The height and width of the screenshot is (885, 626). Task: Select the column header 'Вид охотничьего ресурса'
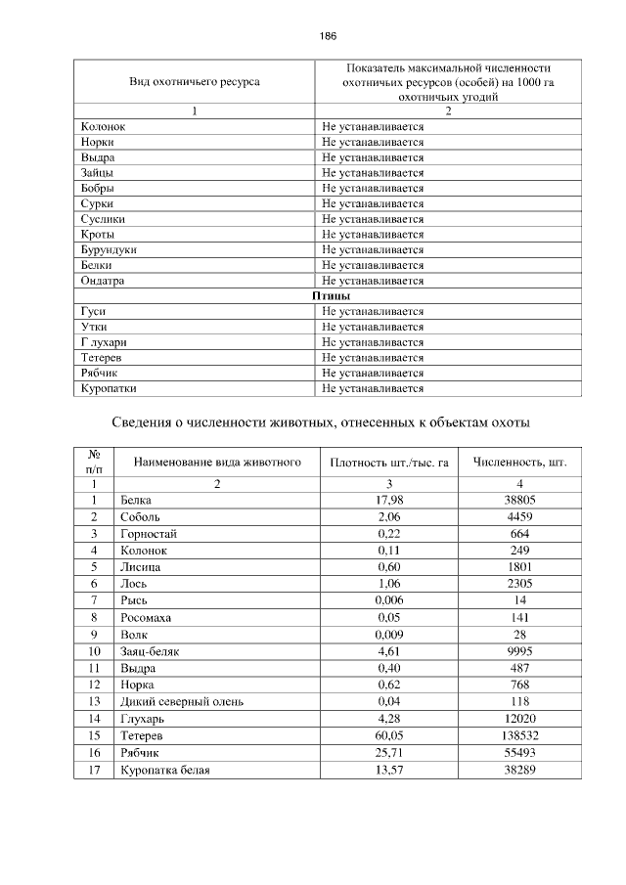pyautogui.click(x=195, y=82)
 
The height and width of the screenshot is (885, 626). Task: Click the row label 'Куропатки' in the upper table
pyautogui.click(x=109, y=388)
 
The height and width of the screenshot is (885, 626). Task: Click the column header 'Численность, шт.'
pyautogui.click(x=519, y=461)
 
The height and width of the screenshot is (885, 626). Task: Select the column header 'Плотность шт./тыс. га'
pyautogui.click(x=389, y=461)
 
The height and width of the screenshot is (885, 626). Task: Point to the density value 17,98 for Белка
pyautogui.click(x=389, y=500)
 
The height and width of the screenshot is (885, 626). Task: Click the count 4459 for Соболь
pyautogui.click(x=519, y=515)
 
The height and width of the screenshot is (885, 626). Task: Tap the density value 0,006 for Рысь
pyautogui.click(x=389, y=598)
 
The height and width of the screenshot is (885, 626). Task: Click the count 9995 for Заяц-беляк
pyautogui.click(x=519, y=649)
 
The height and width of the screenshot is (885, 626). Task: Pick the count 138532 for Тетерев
pyautogui.click(x=519, y=734)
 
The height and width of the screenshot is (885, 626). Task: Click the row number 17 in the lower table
pyautogui.click(x=95, y=769)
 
